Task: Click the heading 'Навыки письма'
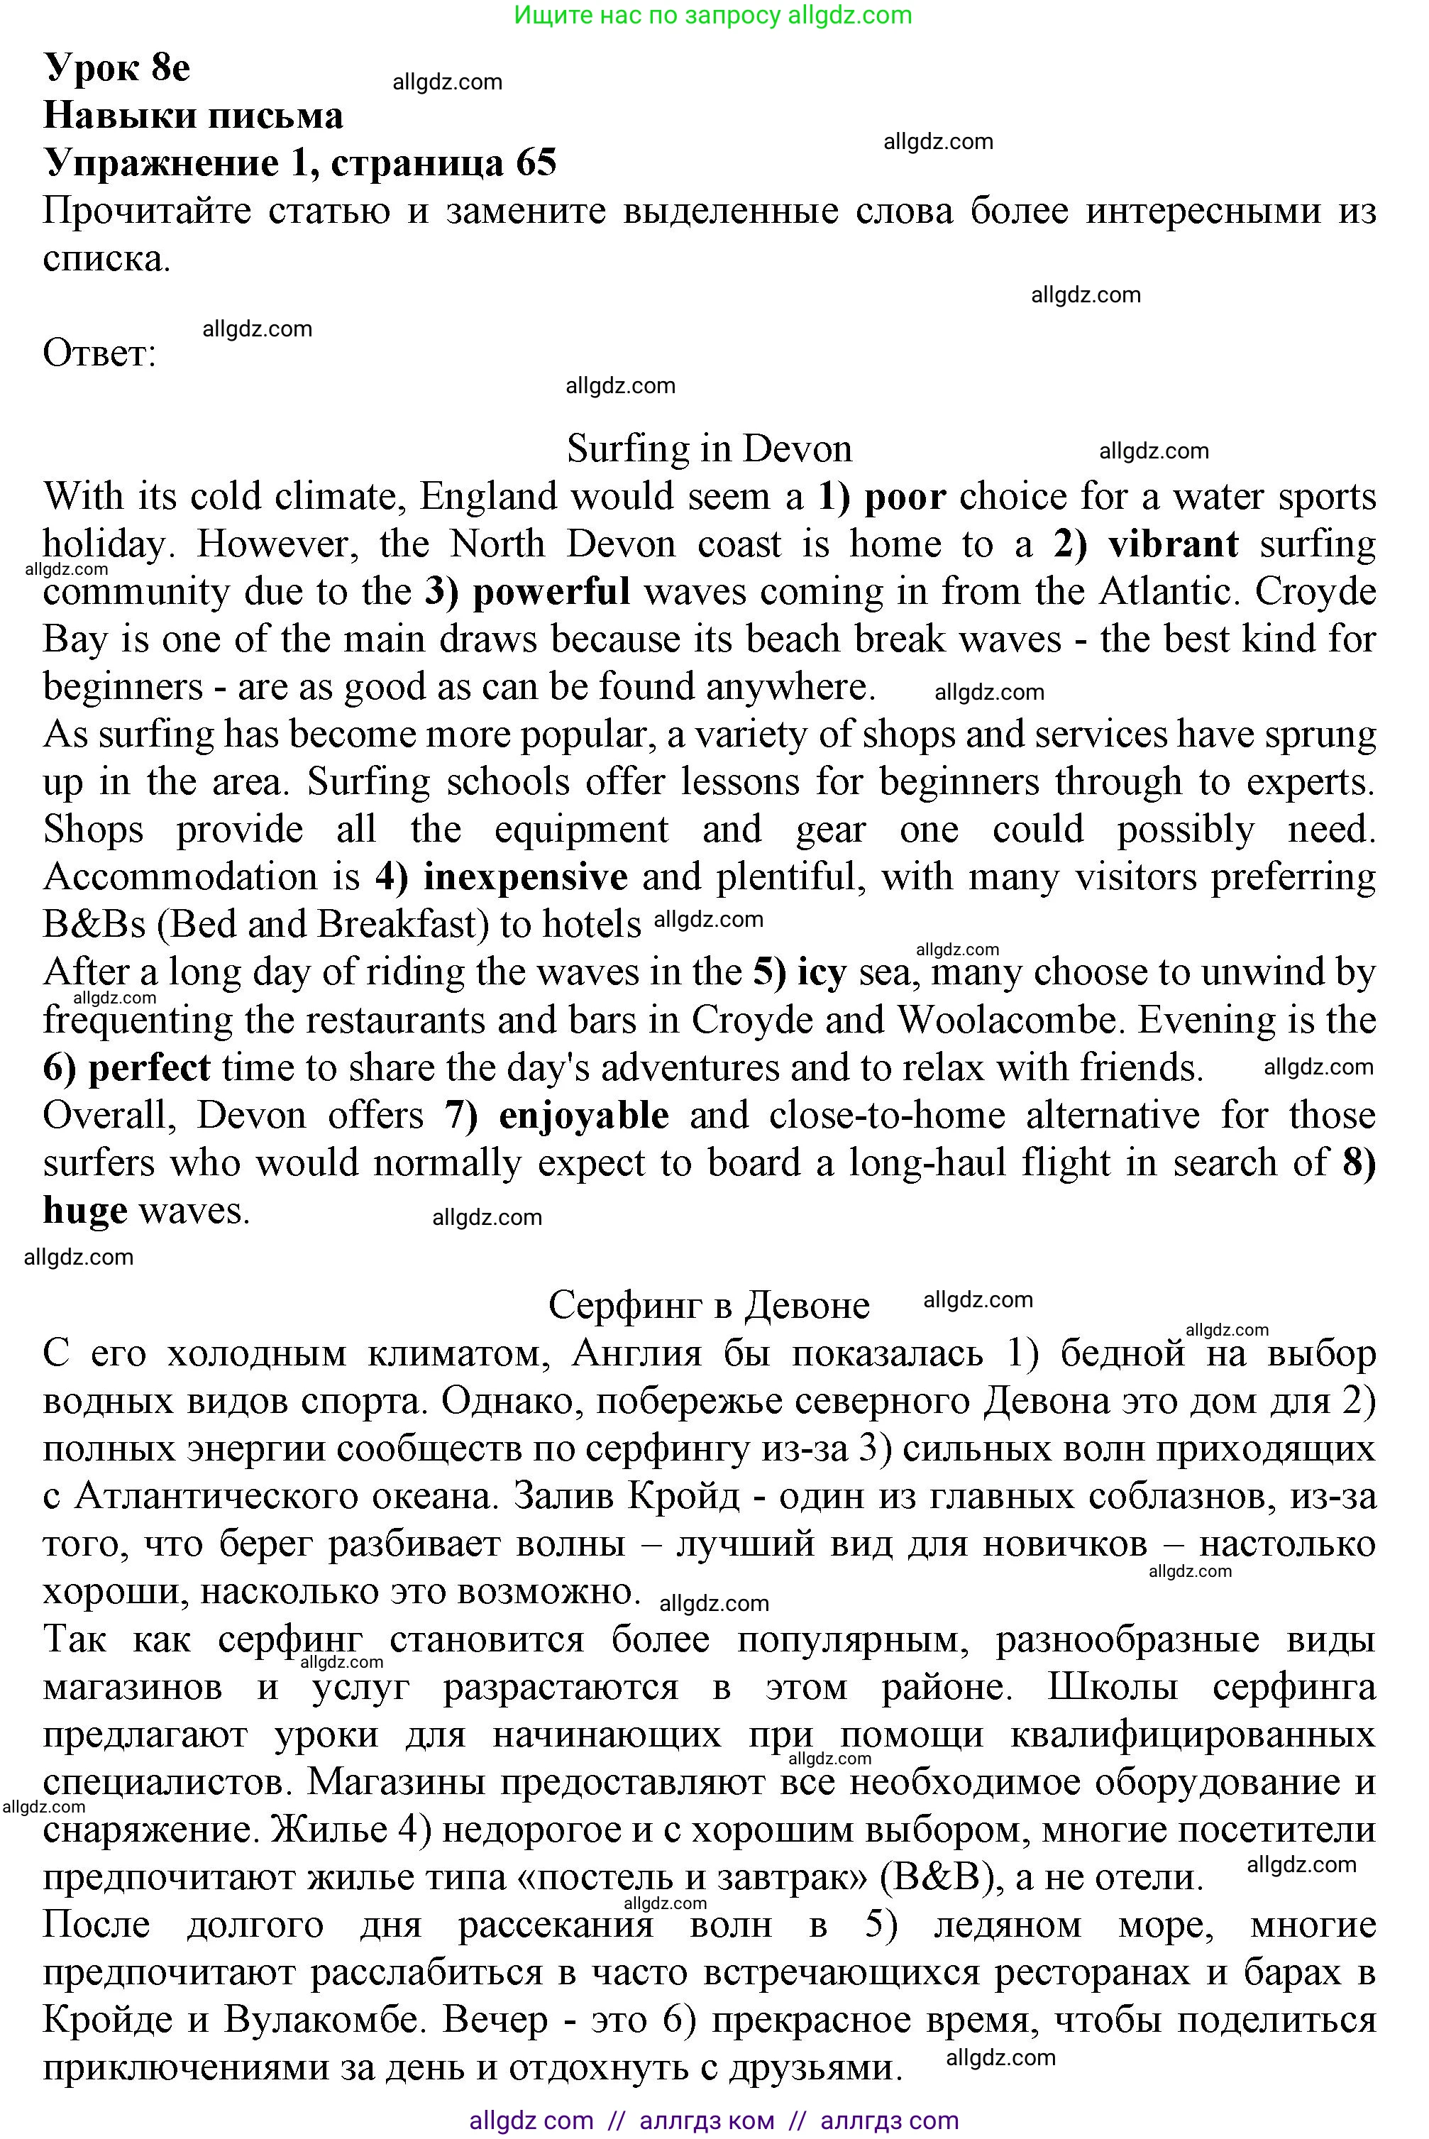click(193, 116)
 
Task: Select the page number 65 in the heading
click(536, 163)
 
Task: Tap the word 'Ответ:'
click(99, 353)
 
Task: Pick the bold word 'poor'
click(904, 497)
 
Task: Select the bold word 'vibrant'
click(1173, 544)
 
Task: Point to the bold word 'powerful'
click(551, 591)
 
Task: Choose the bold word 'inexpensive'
click(525, 876)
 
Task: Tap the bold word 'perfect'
click(150, 1067)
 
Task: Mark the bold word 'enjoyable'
click(583, 1116)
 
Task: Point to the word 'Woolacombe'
click(1007, 1020)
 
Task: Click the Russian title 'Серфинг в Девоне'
click(709, 1306)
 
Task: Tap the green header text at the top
click(712, 15)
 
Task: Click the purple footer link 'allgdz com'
click(531, 2121)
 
